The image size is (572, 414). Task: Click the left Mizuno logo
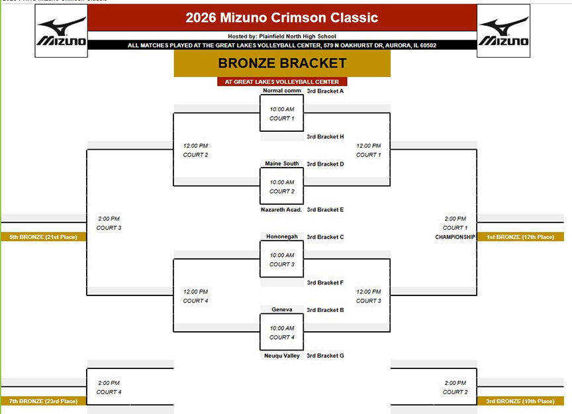tap(62, 31)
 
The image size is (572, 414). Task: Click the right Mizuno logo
tap(503, 31)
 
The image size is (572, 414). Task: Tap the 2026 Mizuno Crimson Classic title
tap(281, 17)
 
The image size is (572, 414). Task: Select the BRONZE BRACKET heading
tap(282, 63)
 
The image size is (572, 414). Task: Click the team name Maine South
tap(281, 164)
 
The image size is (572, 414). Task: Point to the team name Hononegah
tap(281, 236)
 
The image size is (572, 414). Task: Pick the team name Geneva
tap(281, 309)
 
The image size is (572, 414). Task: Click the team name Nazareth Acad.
tap(281, 209)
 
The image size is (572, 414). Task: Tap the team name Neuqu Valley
tap(281, 356)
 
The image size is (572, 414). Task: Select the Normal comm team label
tap(282, 91)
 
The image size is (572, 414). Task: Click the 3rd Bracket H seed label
tap(325, 136)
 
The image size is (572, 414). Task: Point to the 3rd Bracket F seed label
tap(325, 283)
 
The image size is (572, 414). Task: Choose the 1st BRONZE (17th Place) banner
tap(520, 237)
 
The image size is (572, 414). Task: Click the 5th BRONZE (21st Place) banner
tap(44, 237)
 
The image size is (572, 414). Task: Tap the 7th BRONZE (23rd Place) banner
tap(44, 401)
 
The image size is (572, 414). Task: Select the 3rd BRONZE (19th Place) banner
tap(520, 401)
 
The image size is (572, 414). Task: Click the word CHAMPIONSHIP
tap(455, 237)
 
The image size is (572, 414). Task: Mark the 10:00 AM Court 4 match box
tap(281, 332)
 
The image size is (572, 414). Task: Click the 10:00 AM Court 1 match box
tap(281, 113)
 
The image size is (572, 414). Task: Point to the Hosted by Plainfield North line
tap(282, 36)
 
